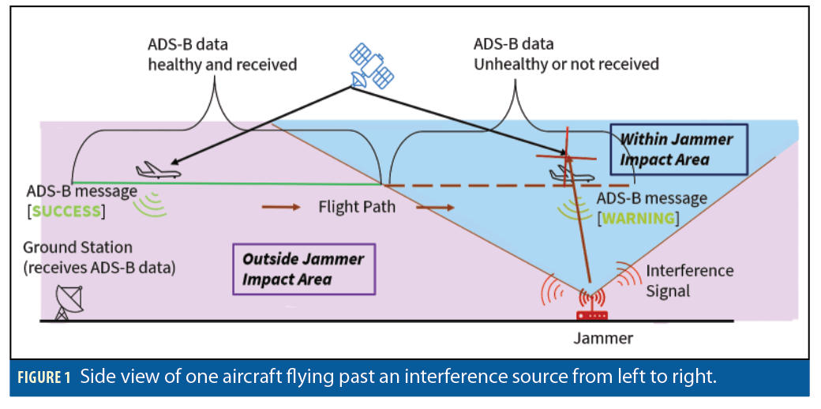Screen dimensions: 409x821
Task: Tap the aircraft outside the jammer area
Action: [x=158, y=170]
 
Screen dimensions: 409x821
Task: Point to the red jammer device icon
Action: [x=591, y=313]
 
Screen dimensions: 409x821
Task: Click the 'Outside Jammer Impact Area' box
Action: [x=303, y=268]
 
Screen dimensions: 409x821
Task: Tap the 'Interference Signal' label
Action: [x=689, y=280]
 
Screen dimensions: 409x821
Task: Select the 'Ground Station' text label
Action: [x=77, y=247]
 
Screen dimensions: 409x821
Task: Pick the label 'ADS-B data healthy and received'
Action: [x=222, y=54]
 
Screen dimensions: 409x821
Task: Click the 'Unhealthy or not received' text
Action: [x=565, y=64]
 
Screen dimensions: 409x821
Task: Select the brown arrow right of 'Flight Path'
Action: [x=435, y=208]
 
